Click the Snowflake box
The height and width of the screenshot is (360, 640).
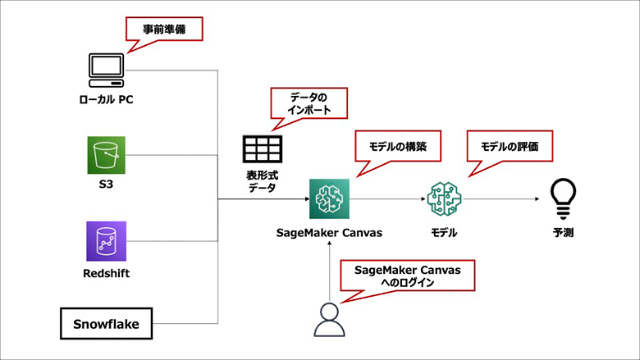pos(106,324)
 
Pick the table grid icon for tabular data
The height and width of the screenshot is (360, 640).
pos(263,148)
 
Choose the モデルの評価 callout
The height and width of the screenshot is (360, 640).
pos(509,147)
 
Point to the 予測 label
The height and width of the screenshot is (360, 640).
pos(563,233)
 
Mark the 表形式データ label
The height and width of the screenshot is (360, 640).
pos(263,181)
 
